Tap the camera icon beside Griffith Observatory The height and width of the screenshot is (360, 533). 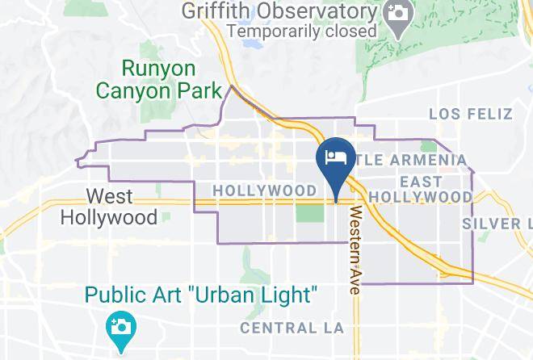coord(397,15)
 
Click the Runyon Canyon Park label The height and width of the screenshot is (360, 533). coord(159,77)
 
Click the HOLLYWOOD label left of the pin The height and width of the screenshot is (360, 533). coord(265,190)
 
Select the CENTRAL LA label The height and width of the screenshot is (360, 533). coord(292,328)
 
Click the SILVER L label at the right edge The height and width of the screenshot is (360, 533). coord(497,223)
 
